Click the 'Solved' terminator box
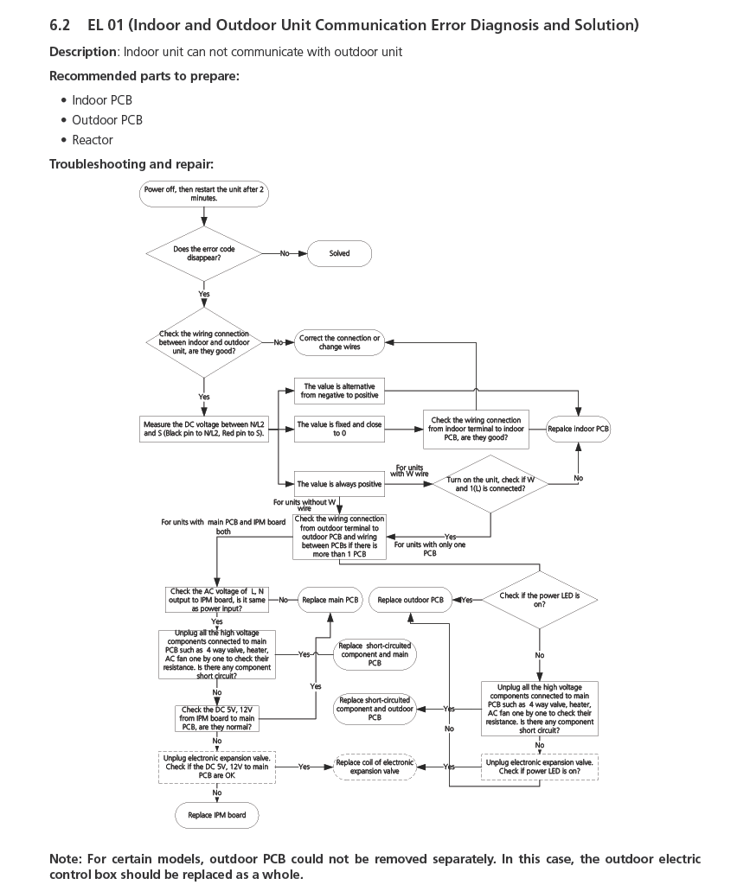pos(340,253)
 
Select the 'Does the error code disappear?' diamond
pos(203,253)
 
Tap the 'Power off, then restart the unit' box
pos(203,194)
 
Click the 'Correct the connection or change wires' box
pos(339,342)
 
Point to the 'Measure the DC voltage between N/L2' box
pos(205,429)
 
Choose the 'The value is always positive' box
pos(339,484)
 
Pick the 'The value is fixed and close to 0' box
pos(339,429)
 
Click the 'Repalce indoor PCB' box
pos(579,429)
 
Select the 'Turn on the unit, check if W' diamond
pos(490,484)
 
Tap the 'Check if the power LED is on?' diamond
pos(539,600)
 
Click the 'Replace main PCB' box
pos(330,599)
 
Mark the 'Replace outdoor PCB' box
pos(411,600)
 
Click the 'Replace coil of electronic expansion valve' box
pos(375,767)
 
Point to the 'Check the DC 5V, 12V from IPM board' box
pos(216,716)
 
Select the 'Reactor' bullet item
pos(93,140)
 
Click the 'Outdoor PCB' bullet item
pos(107,120)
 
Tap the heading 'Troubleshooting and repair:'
pos(131,164)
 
